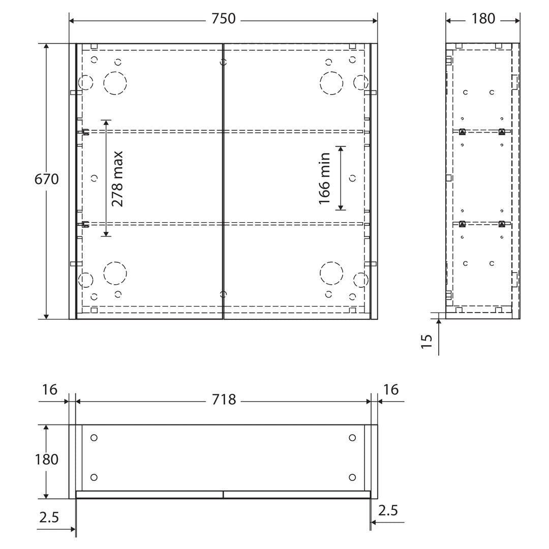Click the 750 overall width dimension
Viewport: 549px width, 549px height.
(x=223, y=19)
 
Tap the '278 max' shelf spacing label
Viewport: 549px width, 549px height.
(x=117, y=179)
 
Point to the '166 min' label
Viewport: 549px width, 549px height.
(x=325, y=179)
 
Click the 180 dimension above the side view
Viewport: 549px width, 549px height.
(x=483, y=19)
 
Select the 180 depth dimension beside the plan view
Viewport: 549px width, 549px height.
(x=47, y=460)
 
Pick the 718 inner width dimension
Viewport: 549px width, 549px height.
(x=224, y=400)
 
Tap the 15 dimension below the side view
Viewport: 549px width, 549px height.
(x=427, y=341)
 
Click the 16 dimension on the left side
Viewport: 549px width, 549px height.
(x=49, y=390)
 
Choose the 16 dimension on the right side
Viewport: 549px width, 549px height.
(x=391, y=390)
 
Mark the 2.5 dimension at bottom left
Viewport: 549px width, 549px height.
(x=49, y=517)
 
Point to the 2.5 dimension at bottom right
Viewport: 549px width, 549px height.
(x=388, y=510)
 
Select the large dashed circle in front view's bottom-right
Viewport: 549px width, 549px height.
(x=331, y=273)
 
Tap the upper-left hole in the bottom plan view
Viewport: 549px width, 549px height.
(x=94, y=438)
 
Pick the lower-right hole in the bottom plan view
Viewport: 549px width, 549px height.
(x=352, y=477)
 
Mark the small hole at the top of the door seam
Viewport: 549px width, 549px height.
(x=223, y=63)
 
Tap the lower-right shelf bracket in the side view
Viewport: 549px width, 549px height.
(x=502, y=224)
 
